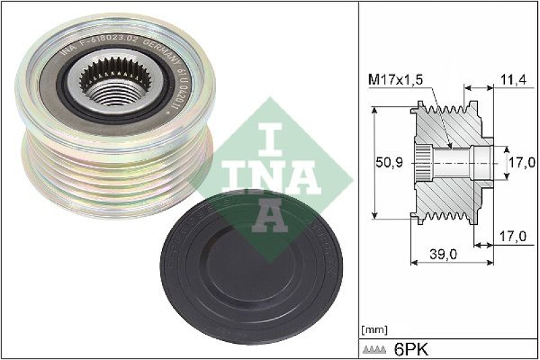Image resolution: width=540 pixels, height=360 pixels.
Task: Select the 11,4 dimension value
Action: click(514, 80)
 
